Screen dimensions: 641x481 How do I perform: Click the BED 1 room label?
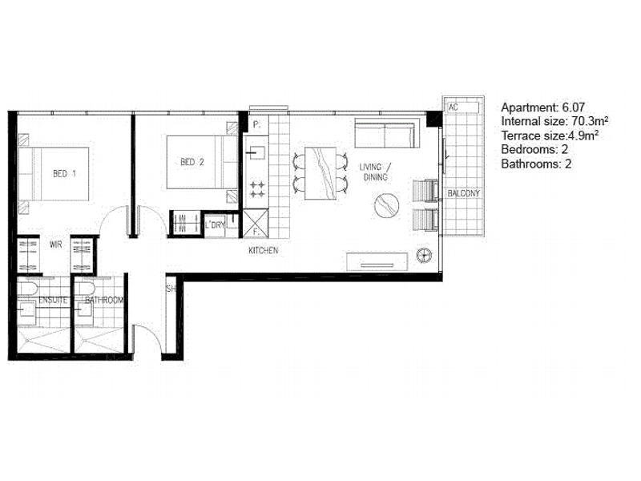coord(64,174)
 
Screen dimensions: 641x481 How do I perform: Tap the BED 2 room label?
coord(192,162)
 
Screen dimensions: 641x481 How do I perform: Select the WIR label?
coord(55,245)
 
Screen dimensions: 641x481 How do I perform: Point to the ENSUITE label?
coord(53,300)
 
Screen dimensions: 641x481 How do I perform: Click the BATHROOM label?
coord(104,300)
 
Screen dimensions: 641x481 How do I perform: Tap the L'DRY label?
coord(215,224)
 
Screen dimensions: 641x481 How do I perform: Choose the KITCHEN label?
coord(264,250)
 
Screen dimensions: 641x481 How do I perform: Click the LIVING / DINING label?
coord(375,172)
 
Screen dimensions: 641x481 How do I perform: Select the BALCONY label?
coord(464,193)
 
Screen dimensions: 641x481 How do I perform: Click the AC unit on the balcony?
coord(462,107)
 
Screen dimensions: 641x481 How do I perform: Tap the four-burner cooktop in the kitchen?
coord(257,189)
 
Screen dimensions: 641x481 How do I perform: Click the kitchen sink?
coord(256,153)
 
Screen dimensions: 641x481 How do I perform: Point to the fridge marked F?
coord(256,224)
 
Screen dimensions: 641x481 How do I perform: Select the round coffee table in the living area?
coord(387,205)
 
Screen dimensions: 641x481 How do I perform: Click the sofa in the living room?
coord(387,133)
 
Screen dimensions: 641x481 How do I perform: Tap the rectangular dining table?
coord(320,173)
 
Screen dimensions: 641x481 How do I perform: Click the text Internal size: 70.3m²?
coord(554,122)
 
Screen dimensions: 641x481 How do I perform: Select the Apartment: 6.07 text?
coord(543,107)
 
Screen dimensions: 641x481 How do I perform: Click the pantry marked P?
coord(256,125)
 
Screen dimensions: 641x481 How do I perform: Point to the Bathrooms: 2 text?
coord(536,164)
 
